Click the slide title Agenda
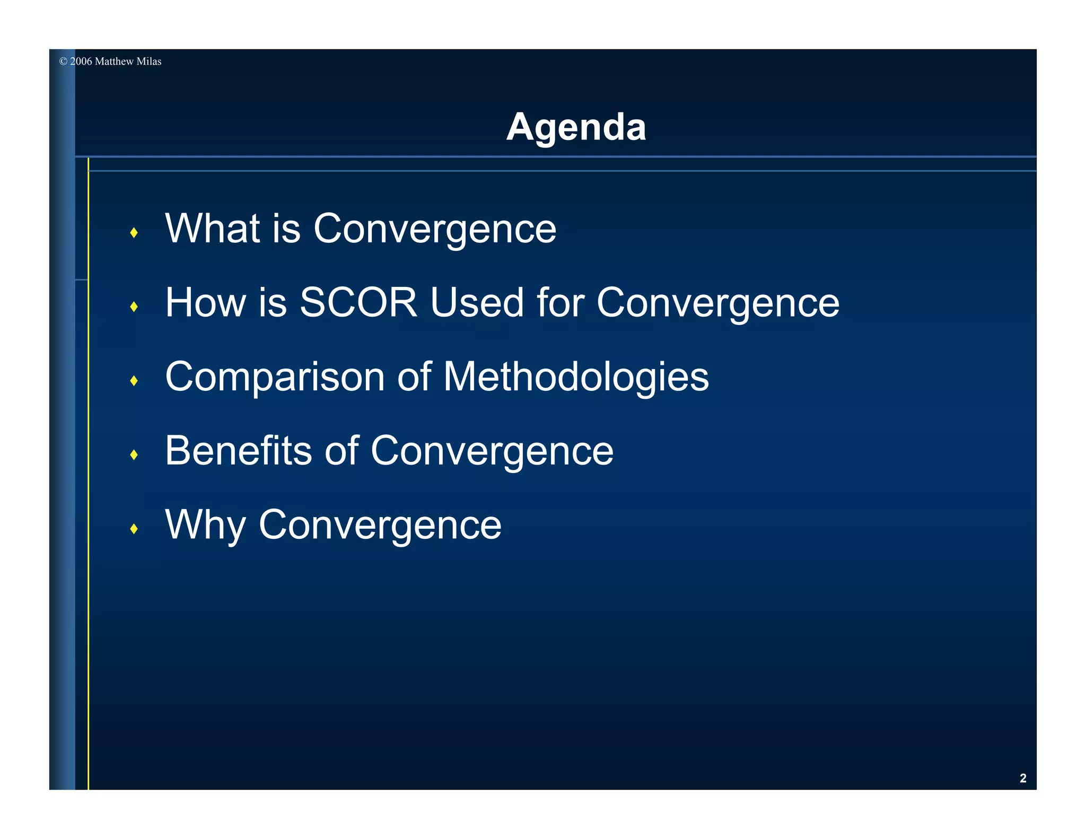(x=576, y=127)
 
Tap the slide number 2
(x=1023, y=778)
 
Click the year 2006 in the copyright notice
(x=81, y=62)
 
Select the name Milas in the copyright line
(x=149, y=62)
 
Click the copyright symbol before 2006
(x=63, y=62)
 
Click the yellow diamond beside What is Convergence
(x=134, y=232)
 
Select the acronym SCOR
(x=358, y=302)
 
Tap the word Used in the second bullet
(x=477, y=302)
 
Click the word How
(x=205, y=302)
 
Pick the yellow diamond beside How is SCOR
(x=134, y=307)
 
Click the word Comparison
(x=275, y=377)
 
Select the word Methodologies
(x=576, y=377)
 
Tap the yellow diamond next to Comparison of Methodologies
(x=134, y=381)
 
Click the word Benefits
(x=239, y=451)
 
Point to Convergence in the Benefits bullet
(x=492, y=451)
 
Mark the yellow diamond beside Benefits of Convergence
(x=134, y=455)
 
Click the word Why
(x=205, y=525)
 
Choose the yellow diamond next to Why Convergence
(x=134, y=529)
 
